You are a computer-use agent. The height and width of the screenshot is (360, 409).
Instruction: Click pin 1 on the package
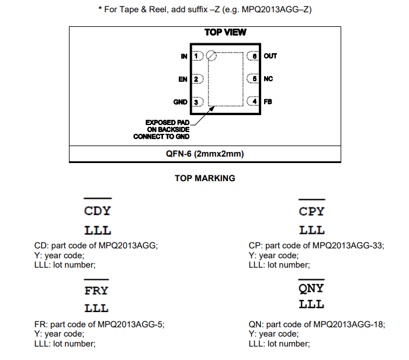click(196, 56)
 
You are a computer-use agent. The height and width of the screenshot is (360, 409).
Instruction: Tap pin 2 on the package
click(196, 79)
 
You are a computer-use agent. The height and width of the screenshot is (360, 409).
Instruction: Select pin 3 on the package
click(196, 102)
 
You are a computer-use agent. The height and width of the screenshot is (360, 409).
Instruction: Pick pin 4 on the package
click(254, 102)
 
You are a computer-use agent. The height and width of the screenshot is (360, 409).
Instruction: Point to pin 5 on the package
click(254, 79)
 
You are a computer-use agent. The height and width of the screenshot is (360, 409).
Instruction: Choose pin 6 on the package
click(254, 56)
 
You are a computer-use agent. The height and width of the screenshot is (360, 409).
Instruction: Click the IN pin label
click(185, 56)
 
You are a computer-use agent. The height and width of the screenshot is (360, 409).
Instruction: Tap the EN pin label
click(183, 79)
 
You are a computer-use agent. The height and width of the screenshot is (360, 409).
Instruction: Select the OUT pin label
click(271, 56)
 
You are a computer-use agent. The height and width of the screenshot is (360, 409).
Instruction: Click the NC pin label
click(269, 79)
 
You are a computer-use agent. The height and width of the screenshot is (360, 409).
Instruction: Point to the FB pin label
click(268, 102)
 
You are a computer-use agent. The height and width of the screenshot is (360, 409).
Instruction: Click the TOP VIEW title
click(226, 32)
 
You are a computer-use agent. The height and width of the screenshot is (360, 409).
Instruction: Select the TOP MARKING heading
click(205, 178)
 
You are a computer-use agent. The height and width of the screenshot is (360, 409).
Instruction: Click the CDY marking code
click(98, 211)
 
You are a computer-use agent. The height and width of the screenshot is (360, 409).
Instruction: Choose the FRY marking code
click(96, 290)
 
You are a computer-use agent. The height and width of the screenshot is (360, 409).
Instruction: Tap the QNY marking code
click(311, 289)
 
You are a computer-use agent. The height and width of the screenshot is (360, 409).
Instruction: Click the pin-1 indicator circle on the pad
click(212, 56)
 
